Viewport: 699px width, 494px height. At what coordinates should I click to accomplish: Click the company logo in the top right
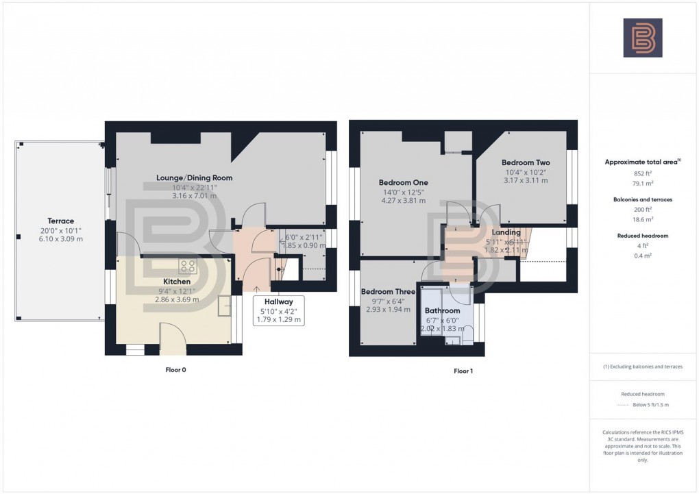(643, 37)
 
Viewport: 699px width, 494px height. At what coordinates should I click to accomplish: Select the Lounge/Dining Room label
(195, 177)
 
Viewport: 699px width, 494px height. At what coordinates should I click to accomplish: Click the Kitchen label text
(177, 282)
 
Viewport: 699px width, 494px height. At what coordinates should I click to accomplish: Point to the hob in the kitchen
(188, 266)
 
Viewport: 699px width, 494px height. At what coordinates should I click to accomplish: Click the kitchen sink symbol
(225, 308)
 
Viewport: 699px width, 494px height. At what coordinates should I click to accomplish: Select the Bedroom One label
(404, 183)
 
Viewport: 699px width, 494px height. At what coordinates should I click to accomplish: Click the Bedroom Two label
(526, 162)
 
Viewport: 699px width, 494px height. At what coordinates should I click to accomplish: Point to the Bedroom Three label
(388, 291)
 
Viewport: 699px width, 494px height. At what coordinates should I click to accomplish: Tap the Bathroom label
(442, 311)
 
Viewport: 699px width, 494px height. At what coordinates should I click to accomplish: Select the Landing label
(506, 233)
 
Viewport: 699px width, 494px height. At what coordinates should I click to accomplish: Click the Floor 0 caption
(175, 370)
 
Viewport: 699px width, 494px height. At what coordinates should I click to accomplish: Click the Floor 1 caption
(463, 371)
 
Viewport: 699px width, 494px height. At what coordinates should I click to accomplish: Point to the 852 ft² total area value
(643, 173)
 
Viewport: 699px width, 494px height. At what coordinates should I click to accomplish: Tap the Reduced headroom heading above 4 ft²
(643, 236)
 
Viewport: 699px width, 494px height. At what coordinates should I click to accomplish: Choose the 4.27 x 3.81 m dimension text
(404, 201)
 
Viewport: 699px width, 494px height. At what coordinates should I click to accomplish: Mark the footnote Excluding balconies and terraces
(643, 367)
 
